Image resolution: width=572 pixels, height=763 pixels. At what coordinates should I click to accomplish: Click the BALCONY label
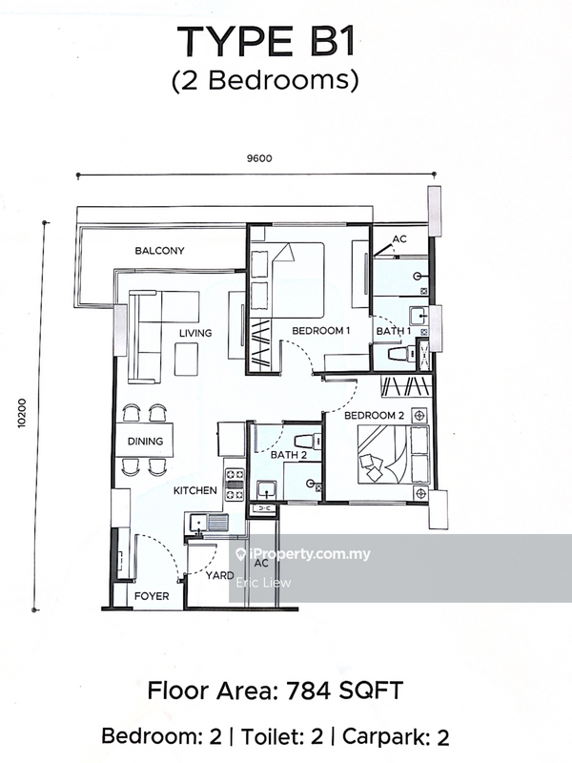click(x=159, y=251)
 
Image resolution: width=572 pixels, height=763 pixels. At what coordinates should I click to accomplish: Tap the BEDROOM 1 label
click(x=321, y=330)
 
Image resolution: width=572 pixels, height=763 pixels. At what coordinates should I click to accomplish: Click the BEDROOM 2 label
click(x=375, y=416)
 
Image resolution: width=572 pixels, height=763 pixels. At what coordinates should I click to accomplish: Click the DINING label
click(x=145, y=442)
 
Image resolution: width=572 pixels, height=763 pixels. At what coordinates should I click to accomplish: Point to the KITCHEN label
click(x=195, y=490)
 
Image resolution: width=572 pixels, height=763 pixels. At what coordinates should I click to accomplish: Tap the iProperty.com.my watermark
click(x=302, y=554)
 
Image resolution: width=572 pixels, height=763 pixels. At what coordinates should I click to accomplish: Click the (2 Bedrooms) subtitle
click(x=264, y=82)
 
